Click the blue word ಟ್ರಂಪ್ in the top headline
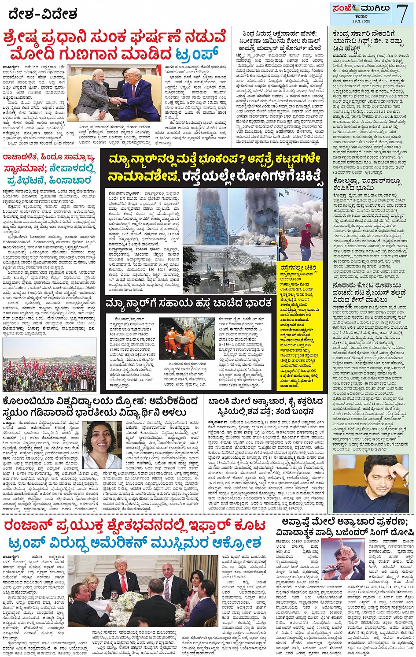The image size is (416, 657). (x=197, y=55)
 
